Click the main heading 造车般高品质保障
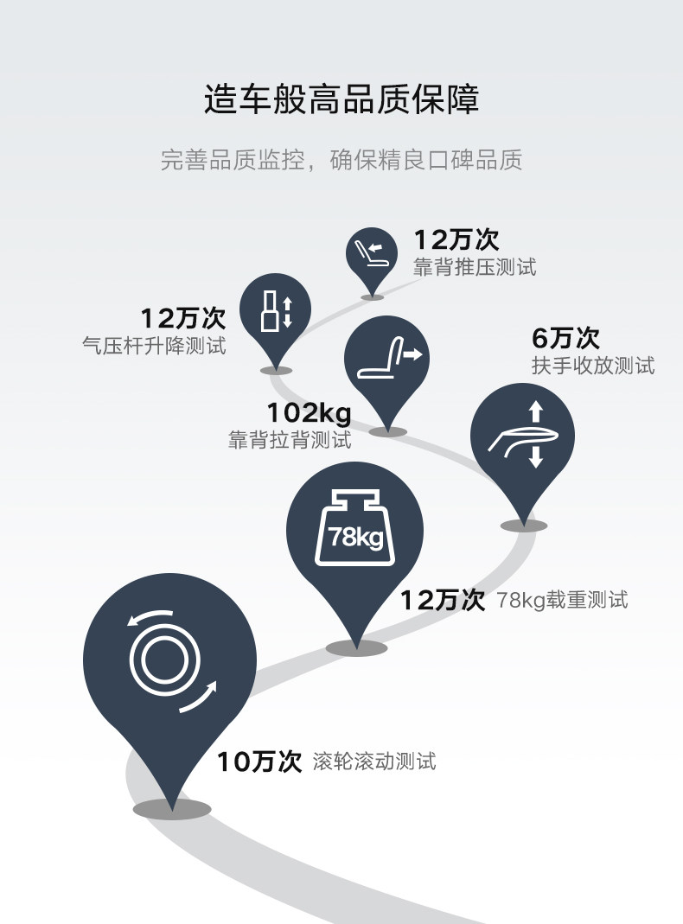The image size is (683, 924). pos(341,100)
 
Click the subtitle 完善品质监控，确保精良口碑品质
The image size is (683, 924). pos(341,160)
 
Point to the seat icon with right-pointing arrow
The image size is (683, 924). pos(386,356)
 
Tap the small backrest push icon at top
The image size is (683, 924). pos(372,252)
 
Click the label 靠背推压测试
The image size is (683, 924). pos(475,266)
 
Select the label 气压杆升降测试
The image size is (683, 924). pos(153,346)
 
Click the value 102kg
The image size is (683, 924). pos(309,413)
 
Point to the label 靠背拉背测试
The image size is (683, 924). pos(290,440)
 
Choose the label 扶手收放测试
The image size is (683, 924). pos(592,365)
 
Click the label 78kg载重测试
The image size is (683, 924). pos(563,599)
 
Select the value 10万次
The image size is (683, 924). pos(259,762)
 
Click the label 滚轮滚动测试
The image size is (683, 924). pos(374,762)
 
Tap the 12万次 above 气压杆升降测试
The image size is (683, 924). pos(182,318)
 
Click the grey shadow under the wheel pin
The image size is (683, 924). pos(172,809)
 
